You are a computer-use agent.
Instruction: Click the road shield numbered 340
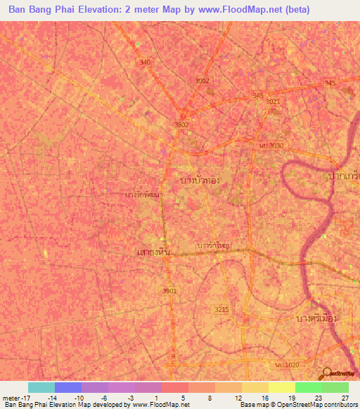pos(145,63)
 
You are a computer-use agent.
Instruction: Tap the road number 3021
pos(273,101)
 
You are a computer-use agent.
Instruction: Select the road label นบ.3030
pos(271,145)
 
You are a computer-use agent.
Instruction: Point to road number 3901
pos(169,291)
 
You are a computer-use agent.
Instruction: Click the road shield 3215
pos(221,309)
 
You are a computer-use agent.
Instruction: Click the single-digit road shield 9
pos(172,356)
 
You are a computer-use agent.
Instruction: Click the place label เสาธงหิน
pos(149,251)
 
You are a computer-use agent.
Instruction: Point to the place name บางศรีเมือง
pos(314,318)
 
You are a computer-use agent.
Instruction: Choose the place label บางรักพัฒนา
pos(145,194)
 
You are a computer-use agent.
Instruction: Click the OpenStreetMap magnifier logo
pos(326,372)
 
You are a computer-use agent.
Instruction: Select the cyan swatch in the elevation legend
pos(41,387)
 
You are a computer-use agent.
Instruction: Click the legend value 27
pos(344,397)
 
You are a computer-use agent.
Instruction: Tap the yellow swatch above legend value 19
pos(282,387)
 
